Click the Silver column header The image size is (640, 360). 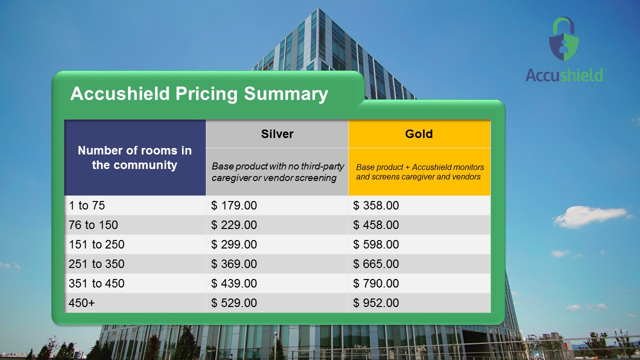pos(277,134)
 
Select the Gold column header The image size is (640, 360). pos(419,134)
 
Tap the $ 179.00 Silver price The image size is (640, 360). pos(234,205)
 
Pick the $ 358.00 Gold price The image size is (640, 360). pos(376,205)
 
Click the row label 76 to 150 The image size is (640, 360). pos(93,225)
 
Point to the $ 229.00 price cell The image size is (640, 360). pos(234,225)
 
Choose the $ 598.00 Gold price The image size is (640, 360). pos(376,244)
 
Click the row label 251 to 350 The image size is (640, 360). pos(96,263)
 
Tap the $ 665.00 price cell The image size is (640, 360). pos(376,263)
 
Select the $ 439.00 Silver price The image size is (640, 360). pos(234,283)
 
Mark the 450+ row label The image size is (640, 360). pos(81,303)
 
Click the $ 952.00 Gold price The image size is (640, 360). pos(376,303)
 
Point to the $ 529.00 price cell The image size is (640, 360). pos(234,303)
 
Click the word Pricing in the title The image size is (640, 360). pos(206,94)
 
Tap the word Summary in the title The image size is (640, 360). pos(286,94)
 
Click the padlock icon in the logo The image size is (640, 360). pos(563,38)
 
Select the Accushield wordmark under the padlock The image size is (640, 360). pos(564,75)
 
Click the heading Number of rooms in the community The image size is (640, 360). pos(134,157)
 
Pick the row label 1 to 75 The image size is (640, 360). pos(86,205)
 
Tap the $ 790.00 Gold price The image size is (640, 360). pos(376,283)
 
